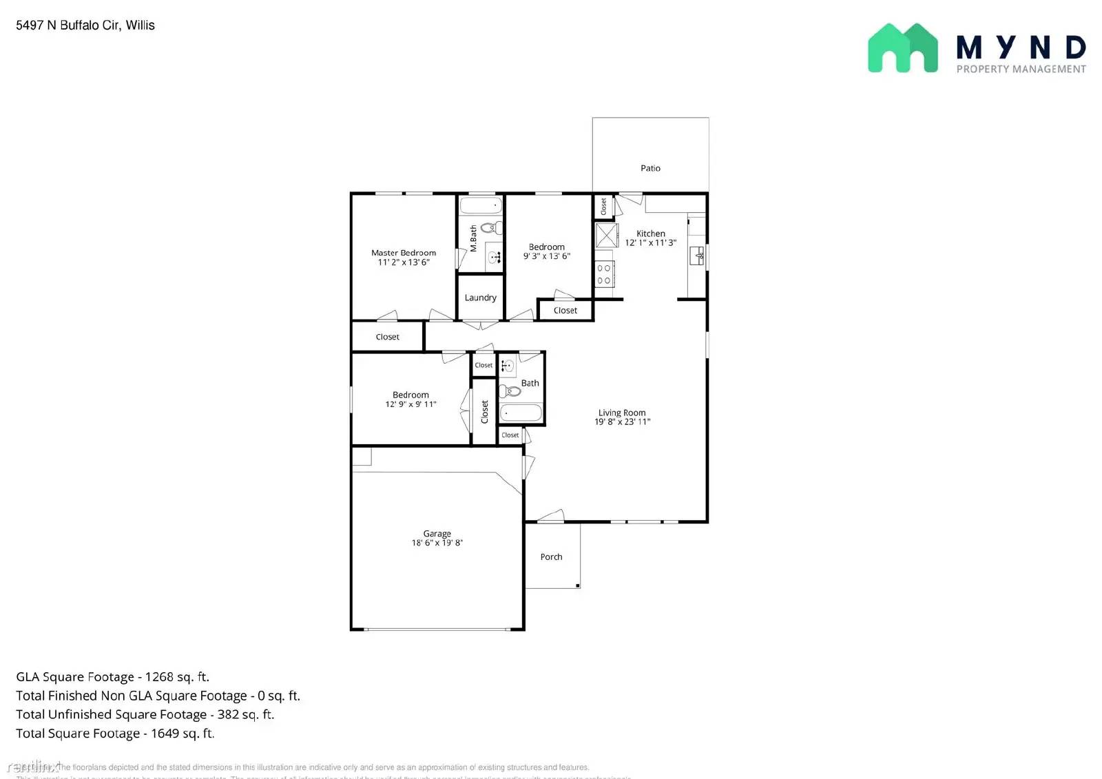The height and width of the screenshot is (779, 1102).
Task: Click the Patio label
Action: point(650,168)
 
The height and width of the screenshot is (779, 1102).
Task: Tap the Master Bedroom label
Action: point(404,253)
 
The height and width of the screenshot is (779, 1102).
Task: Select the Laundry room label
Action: point(480,298)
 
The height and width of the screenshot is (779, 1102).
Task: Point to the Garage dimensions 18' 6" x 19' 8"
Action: point(437,543)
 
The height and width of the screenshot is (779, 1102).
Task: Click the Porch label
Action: point(551,557)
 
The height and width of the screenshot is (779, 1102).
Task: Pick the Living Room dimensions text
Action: point(623,422)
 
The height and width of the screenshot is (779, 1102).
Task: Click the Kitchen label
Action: point(651,233)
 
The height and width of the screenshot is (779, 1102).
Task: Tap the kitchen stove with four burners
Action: point(604,274)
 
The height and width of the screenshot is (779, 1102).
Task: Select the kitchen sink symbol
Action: point(697,256)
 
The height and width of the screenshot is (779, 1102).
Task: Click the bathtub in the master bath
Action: point(481,205)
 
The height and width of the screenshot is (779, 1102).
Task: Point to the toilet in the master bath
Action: point(491,227)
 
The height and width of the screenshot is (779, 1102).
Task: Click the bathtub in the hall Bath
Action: point(521,413)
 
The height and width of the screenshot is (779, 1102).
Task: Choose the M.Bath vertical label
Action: point(473,238)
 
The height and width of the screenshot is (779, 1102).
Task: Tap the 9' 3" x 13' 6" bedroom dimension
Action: point(547,256)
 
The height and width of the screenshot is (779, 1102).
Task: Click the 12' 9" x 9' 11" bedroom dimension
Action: point(410,404)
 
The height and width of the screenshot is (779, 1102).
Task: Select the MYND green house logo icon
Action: point(902,48)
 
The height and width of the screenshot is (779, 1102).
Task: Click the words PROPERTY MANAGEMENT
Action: point(1021,69)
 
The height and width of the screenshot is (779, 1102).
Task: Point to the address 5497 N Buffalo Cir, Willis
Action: point(85,25)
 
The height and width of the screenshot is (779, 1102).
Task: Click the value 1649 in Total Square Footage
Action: point(165,734)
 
